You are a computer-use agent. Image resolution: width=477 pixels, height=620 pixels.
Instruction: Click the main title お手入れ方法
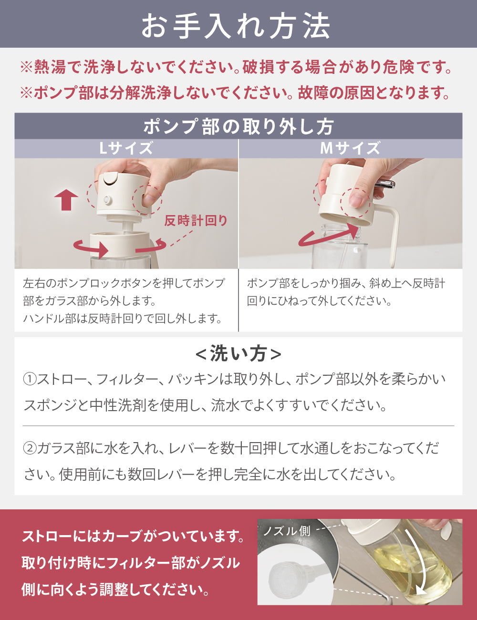236,26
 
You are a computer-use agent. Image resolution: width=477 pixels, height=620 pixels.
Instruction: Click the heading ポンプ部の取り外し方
238,126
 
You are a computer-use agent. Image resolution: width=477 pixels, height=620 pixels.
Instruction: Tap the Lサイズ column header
126,148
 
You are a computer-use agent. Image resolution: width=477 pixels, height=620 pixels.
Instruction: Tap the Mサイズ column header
350,148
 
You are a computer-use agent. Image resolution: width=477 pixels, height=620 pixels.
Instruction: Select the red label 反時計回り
196,220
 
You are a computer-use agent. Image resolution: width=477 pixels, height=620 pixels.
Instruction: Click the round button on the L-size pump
107,199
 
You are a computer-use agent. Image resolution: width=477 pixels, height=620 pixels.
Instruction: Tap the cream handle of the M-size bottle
393,234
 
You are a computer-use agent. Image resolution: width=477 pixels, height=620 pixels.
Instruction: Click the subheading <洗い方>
238,354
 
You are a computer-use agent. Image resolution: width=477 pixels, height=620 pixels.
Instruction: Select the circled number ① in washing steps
30,379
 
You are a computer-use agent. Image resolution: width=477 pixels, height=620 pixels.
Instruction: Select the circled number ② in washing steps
30,448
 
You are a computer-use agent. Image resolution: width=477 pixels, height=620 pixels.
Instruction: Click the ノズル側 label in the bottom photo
287,531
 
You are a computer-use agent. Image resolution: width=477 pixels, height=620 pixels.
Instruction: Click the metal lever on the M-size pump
384,184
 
